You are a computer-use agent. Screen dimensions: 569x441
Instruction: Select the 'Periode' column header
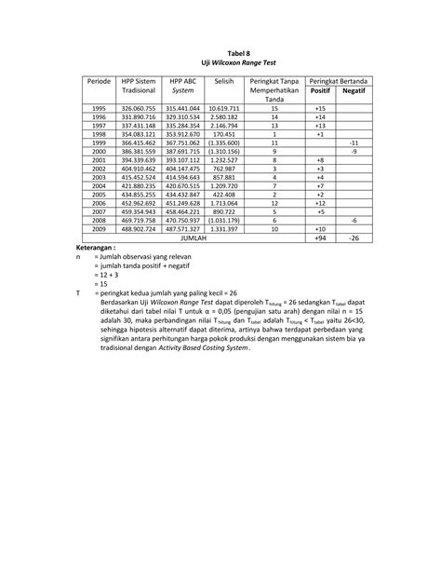pyautogui.click(x=98, y=83)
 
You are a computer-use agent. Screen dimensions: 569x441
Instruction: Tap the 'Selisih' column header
pyautogui.click(x=222, y=83)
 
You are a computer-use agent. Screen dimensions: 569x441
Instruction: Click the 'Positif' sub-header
pyautogui.click(x=320, y=91)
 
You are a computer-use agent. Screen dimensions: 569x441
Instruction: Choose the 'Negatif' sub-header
pyautogui.click(x=353, y=91)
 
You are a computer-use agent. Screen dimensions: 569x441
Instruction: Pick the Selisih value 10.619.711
pyautogui.click(x=223, y=109)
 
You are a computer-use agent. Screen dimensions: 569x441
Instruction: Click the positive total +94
pyautogui.click(x=320, y=237)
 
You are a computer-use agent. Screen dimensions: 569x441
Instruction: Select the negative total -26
pyautogui.click(x=354, y=237)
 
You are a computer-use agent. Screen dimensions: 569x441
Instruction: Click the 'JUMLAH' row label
pyautogui.click(x=193, y=237)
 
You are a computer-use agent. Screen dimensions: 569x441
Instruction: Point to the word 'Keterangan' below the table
pyautogui.click(x=95, y=249)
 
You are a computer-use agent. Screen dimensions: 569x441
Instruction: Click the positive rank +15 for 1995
pyautogui.click(x=320, y=109)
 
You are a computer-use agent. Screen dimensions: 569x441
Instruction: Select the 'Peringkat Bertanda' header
pyautogui.click(x=336, y=83)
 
